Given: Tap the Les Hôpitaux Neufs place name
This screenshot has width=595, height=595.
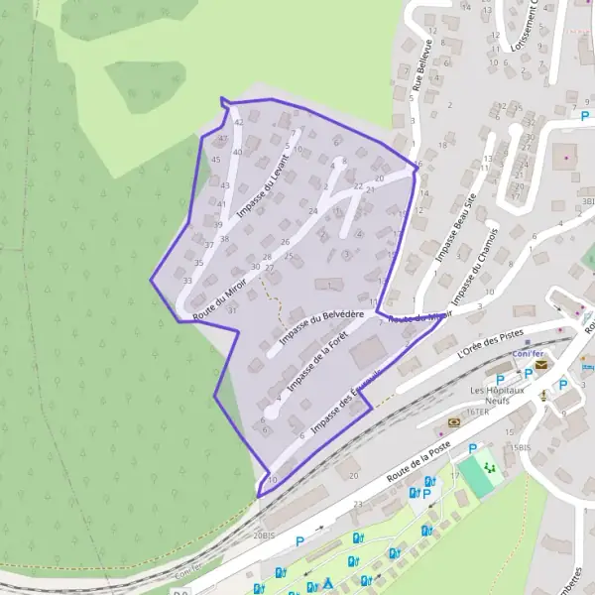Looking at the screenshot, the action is pos(502,397).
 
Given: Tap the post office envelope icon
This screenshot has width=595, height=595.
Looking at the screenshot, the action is pos(541,366).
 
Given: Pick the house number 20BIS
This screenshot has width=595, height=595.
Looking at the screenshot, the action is pos(263,535).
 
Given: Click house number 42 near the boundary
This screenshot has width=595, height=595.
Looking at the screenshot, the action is pos(238,123).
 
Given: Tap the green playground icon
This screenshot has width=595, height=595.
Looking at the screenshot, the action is pos(488,464).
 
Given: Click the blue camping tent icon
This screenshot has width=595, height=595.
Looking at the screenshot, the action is pos(328,582).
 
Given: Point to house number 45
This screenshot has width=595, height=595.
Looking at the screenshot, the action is pos(216,160).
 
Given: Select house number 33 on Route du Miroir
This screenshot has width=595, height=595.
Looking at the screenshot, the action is pos(187,281).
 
